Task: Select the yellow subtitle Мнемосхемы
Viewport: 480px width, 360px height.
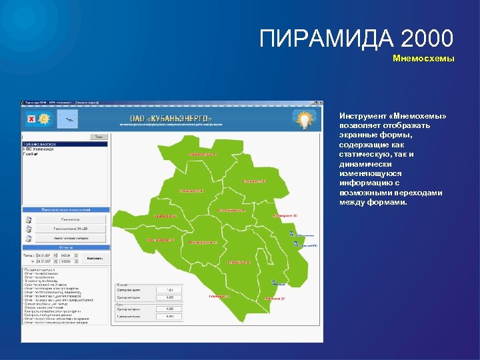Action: [423, 59]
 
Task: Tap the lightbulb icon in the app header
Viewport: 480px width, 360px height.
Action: [303, 119]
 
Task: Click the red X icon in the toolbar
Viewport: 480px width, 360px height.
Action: [31, 119]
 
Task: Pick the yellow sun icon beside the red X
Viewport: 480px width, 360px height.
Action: [44, 119]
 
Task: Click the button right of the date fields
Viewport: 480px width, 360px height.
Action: [95, 258]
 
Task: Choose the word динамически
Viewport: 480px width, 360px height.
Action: [364, 164]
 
